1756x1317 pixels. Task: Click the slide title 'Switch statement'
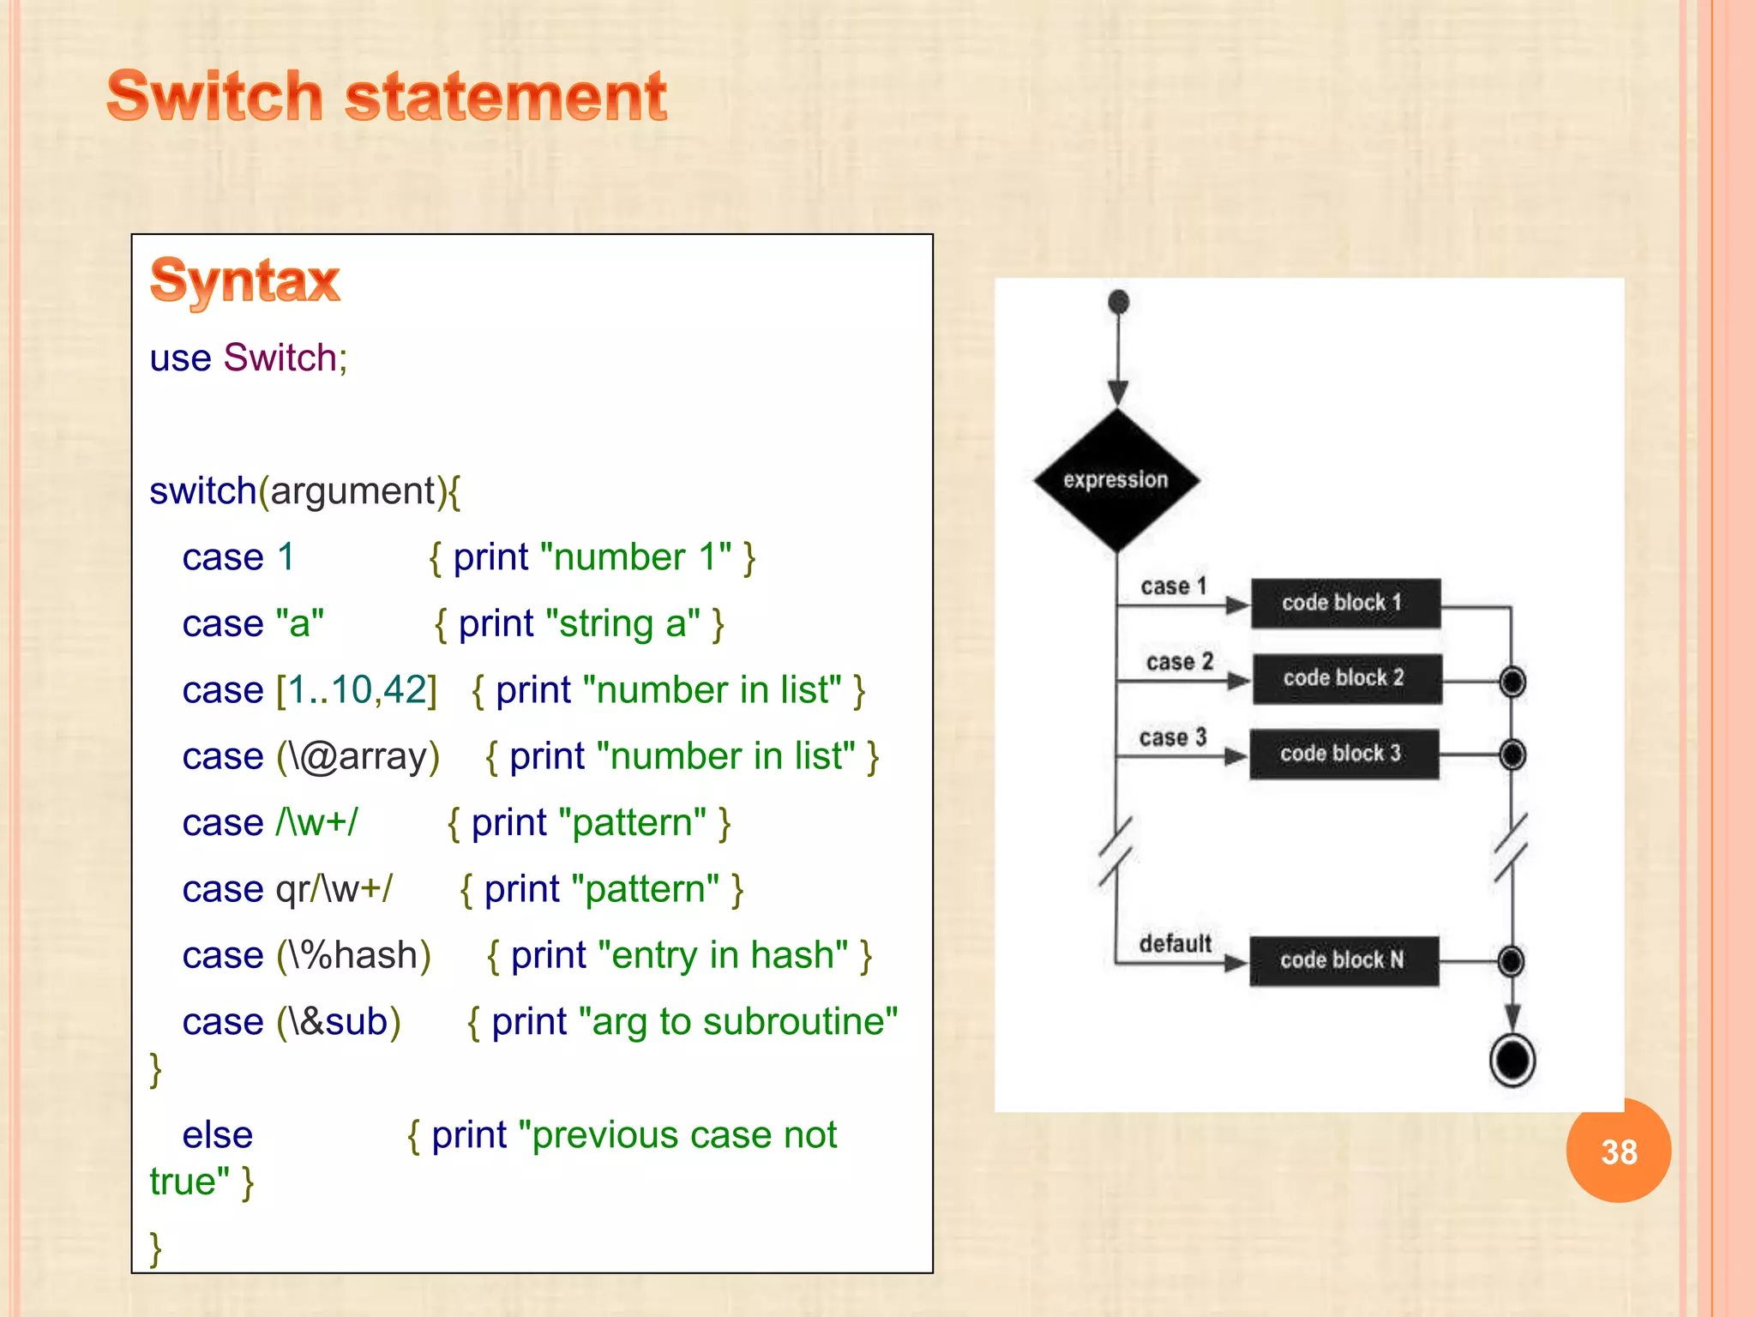tap(387, 96)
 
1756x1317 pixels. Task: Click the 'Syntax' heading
tap(245, 280)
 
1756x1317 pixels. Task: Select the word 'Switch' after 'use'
tap(280, 358)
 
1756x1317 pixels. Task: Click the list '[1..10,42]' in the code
tap(357, 690)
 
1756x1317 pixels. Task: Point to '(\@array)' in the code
tap(358, 756)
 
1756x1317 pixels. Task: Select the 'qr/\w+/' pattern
tap(334, 889)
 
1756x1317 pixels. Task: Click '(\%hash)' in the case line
tap(353, 955)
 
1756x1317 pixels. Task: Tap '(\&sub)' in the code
tap(339, 1022)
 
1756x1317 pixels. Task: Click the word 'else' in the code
tap(218, 1135)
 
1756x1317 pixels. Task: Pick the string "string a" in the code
tap(622, 624)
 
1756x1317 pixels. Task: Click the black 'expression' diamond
tap(1116, 480)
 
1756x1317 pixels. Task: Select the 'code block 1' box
tap(1344, 604)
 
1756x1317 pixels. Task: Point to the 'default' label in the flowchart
tap(1175, 943)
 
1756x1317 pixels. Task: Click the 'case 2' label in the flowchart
tap(1180, 662)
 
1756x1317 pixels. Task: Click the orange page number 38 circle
tap(1618, 1152)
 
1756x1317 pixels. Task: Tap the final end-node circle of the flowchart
tap(1512, 1060)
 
